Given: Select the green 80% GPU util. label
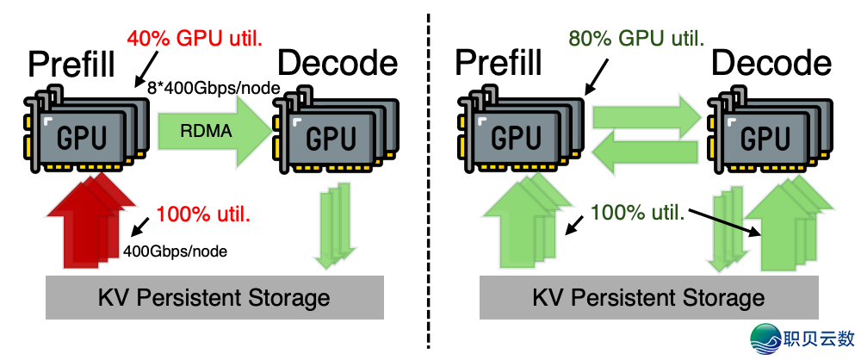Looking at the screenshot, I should pyautogui.click(x=636, y=39).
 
